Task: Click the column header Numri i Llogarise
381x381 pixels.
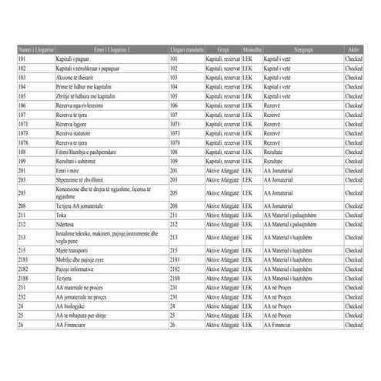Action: tap(35, 50)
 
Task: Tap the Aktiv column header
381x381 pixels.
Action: tap(353, 50)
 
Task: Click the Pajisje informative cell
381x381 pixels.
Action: tap(77, 269)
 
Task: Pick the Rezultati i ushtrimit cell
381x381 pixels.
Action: tap(78, 161)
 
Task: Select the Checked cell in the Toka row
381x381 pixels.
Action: tap(353, 216)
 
